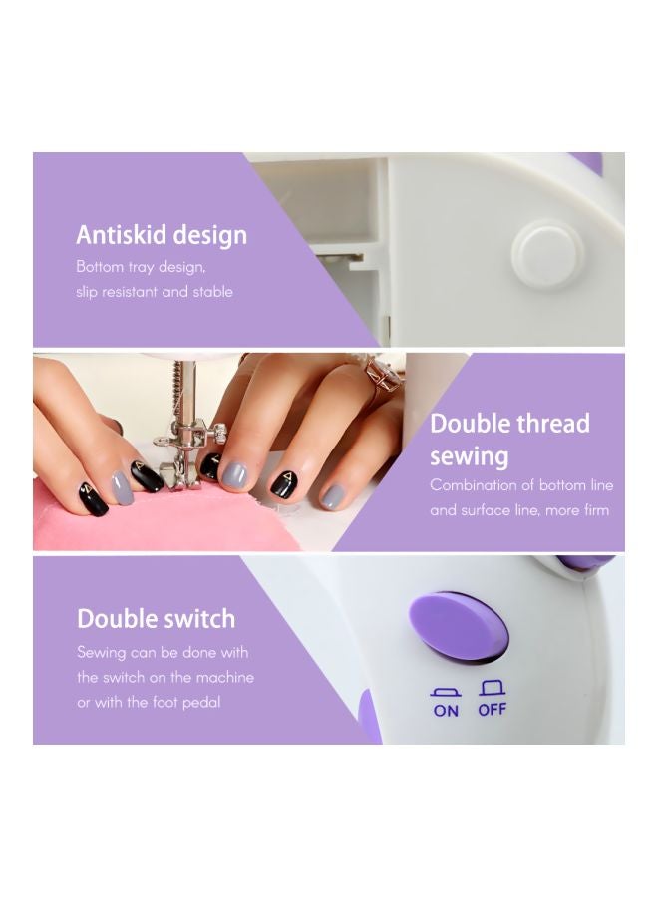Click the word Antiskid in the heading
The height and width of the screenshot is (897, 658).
click(x=122, y=234)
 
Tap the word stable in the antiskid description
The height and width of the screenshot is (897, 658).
click(x=212, y=291)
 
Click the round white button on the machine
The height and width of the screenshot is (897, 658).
click(x=547, y=250)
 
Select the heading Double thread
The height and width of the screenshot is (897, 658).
click(x=509, y=424)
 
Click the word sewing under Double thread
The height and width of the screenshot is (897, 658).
click(x=470, y=457)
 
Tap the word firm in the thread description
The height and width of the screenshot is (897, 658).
click(x=597, y=509)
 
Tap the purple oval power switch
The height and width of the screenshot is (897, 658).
click(x=459, y=625)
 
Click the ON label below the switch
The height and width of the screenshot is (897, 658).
click(x=446, y=711)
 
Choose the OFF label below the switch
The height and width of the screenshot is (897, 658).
click(x=493, y=710)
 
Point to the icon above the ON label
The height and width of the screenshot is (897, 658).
click(x=446, y=693)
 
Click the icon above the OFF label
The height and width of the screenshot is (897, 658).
click(x=493, y=687)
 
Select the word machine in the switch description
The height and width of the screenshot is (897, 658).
click(x=225, y=678)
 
